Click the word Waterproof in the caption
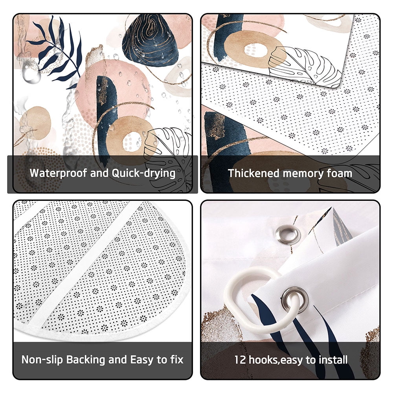58,173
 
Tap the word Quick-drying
143,173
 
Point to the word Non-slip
42,360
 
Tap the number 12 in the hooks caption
240,360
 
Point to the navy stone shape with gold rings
151,40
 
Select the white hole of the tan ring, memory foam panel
256,50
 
